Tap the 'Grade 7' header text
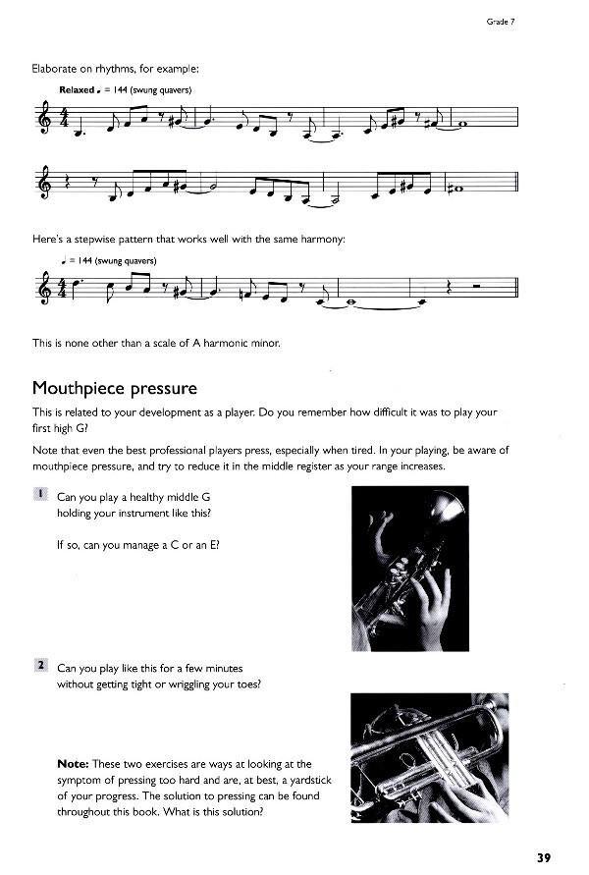point(501,21)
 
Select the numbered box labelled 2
point(40,666)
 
